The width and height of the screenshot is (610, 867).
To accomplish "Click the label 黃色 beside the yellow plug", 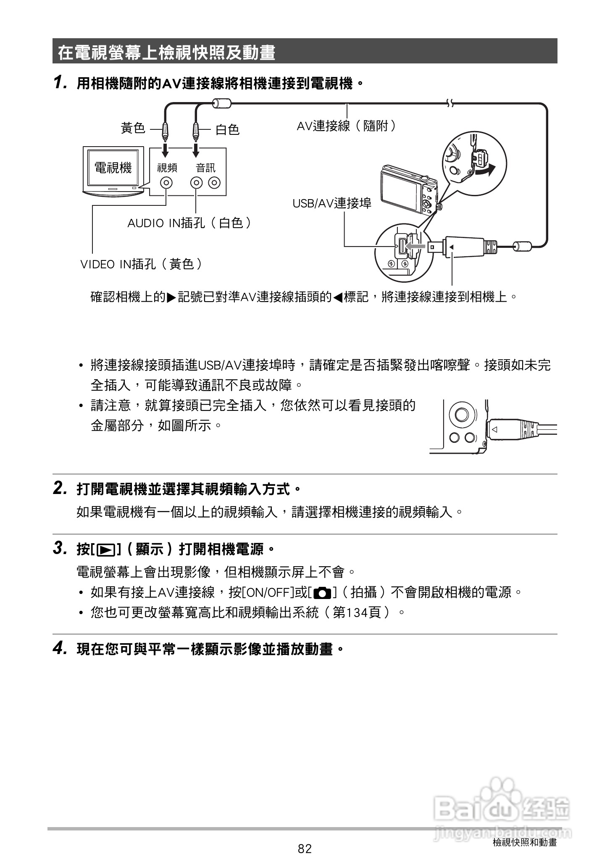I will coord(133,128).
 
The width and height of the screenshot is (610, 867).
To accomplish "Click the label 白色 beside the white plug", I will coord(227,129).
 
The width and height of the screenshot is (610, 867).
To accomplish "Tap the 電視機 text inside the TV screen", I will coord(113,168).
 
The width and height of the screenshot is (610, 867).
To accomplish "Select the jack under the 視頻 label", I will coord(167,183).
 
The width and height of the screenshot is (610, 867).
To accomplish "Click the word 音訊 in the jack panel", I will coord(205,168).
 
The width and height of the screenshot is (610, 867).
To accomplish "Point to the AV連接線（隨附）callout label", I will coord(346,126).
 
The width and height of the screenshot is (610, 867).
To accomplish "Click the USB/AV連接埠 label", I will coord(332,204).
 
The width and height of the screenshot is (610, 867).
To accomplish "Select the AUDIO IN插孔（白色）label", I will coord(189,223).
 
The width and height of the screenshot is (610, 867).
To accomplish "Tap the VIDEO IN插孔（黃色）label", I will coord(142,264).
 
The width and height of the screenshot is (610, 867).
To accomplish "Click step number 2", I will coord(59,489).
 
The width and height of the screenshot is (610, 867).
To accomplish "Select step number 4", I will coord(59,649).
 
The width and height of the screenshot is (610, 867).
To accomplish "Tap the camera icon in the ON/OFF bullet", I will coord(322,593).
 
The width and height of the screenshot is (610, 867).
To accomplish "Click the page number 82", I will coord(305,849).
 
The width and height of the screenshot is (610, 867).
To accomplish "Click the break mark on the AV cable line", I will coord(450,103).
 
